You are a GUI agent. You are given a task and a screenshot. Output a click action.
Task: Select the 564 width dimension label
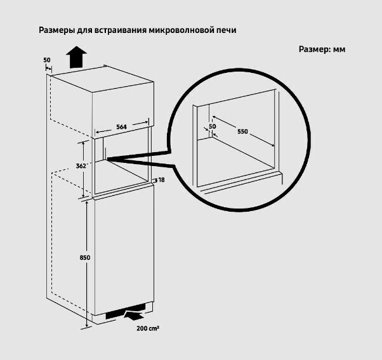pyautogui.click(x=121, y=127)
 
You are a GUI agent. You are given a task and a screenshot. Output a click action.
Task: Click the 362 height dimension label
pyautogui.click(x=81, y=165)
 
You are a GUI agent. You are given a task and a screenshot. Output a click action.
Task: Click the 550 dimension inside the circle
pyautogui.click(x=242, y=132)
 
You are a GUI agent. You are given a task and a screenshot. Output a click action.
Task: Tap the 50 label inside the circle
pyautogui.click(x=213, y=126)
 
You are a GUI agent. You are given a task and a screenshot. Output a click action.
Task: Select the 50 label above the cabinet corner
pyautogui.click(x=46, y=60)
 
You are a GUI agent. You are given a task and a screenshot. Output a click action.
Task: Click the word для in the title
pyautogui.click(x=88, y=30)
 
